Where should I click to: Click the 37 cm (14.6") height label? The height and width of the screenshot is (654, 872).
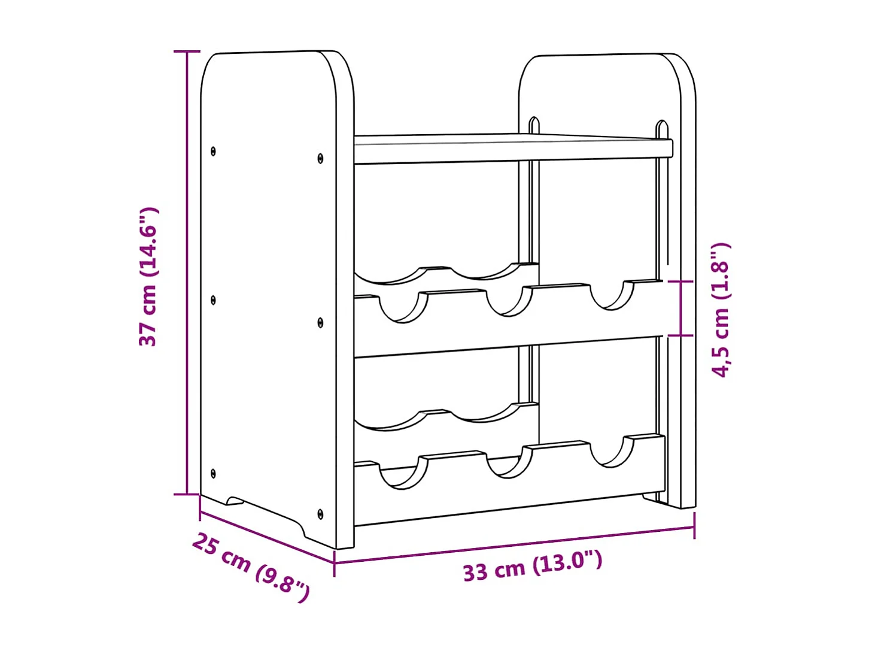click(x=148, y=277)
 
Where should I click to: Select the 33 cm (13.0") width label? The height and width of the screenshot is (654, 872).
click(x=532, y=565)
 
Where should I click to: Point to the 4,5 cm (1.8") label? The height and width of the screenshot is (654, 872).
click(x=721, y=310)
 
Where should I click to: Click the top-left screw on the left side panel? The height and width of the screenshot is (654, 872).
click(x=214, y=152)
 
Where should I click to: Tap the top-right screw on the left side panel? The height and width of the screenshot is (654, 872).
click(x=320, y=159)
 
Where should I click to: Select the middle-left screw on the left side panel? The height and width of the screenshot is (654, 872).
click(x=214, y=299)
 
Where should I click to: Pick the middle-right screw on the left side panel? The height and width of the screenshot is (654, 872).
click(x=320, y=323)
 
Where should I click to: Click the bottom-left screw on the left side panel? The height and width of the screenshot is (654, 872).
click(x=214, y=474)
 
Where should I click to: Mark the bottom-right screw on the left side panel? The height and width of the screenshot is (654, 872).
click(x=320, y=514)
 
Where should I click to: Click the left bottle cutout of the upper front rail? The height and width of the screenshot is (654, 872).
click(x=403, y=307)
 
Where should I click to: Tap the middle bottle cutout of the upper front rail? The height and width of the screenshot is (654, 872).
click(x=509, y=301)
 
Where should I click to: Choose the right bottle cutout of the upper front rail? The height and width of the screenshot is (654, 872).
click(x=611, y=295)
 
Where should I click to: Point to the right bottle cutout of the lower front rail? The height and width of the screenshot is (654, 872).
click(x=611, y=453)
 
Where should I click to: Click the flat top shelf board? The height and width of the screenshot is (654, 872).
click(x=509, y=149)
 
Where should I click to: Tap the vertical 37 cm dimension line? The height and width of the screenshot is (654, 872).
click(x=187, y=273)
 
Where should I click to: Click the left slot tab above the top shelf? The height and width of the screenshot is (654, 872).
click(x=534, y=125)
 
